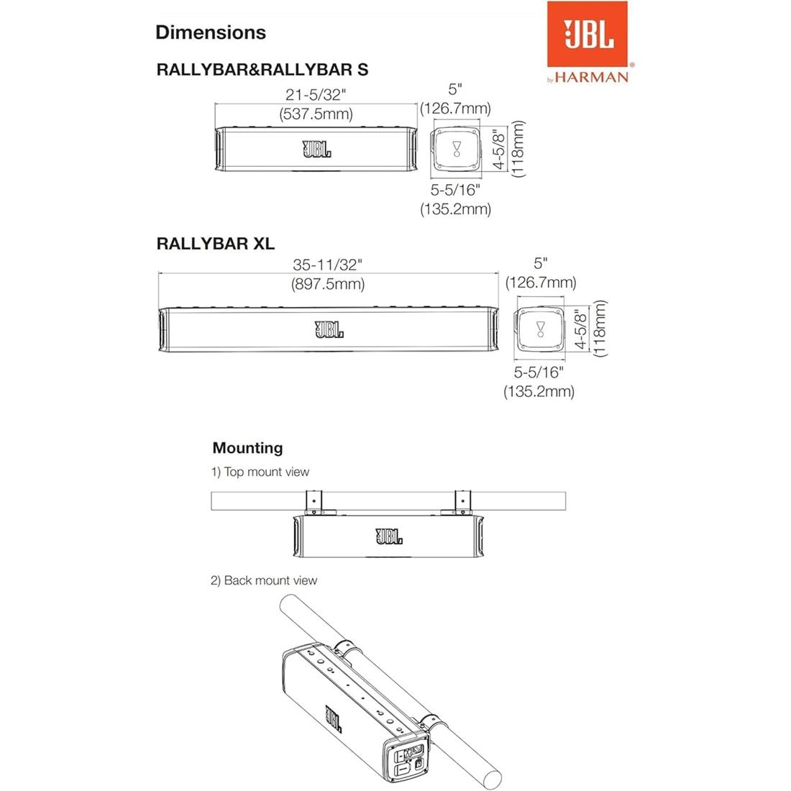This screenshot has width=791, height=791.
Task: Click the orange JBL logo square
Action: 587,33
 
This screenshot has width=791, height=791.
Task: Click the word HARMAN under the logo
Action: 592,76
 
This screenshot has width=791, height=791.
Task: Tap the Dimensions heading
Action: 210,32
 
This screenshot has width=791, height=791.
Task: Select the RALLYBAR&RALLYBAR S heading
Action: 262,70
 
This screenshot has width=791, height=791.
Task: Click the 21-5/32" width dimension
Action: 316,94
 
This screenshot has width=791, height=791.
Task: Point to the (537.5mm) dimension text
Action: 316,114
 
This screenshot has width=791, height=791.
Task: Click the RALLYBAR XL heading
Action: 215,243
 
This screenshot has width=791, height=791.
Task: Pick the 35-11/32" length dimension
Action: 328,265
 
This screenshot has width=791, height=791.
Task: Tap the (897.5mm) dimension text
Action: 328,284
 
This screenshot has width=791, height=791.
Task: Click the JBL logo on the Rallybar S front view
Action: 317,150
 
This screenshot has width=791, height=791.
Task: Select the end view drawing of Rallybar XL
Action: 541,330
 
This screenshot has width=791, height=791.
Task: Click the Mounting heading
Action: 247,448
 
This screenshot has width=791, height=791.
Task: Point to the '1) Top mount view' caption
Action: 260,472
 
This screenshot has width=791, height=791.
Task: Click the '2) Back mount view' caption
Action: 263,580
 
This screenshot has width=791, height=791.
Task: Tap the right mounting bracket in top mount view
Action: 462,501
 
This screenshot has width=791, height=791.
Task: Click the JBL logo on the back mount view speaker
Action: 334,718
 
